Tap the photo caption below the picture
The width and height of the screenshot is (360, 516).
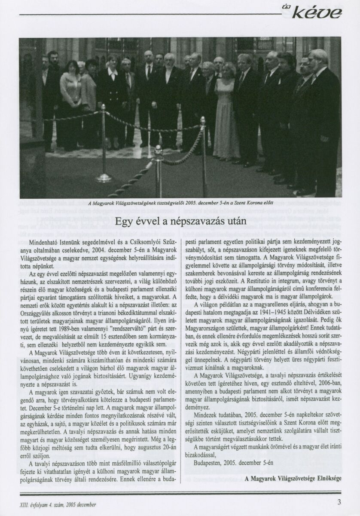180,203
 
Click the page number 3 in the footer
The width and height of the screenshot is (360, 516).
339,501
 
